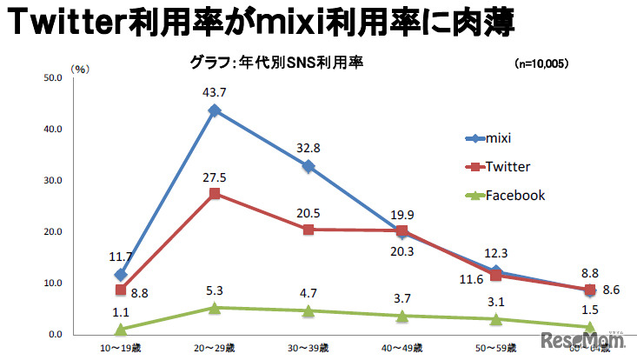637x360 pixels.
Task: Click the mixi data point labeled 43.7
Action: pyautogui.click(x=214, y=110)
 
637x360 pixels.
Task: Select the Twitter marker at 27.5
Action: pyautogui.click(x=214, y=193)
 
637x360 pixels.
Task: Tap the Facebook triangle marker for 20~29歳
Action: pyautogui.click(x=214, y=307)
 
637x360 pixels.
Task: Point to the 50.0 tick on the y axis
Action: pyautogui.click(x=53, y=78)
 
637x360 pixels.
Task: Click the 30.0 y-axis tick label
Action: pyautogui.click(x=53, y=181)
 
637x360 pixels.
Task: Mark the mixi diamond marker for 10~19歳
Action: pyautogui.click(x=121, y=275)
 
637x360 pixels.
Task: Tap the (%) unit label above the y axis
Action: pyautogui.click(x=80, y=69)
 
